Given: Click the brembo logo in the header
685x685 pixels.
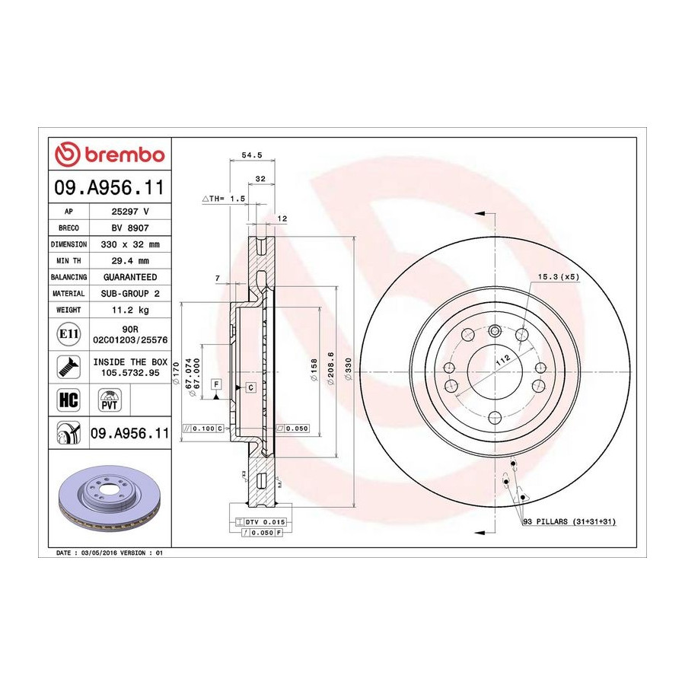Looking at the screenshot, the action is point(110,155).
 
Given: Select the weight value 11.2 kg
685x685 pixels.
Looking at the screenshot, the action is point(130,311).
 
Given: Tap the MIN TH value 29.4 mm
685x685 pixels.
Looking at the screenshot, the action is point(130,261).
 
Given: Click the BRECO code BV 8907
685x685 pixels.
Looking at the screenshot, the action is point(130,228).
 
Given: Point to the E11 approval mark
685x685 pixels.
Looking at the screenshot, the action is point(68,334).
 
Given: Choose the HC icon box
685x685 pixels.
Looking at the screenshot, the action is point(68,400).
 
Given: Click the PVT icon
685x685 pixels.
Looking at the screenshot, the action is point(109,400).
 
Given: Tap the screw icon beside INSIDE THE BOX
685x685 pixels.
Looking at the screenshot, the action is point(68,367).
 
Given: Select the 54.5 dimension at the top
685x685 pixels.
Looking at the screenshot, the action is point(252,155).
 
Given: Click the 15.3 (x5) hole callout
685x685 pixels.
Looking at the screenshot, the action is point(559,277).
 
